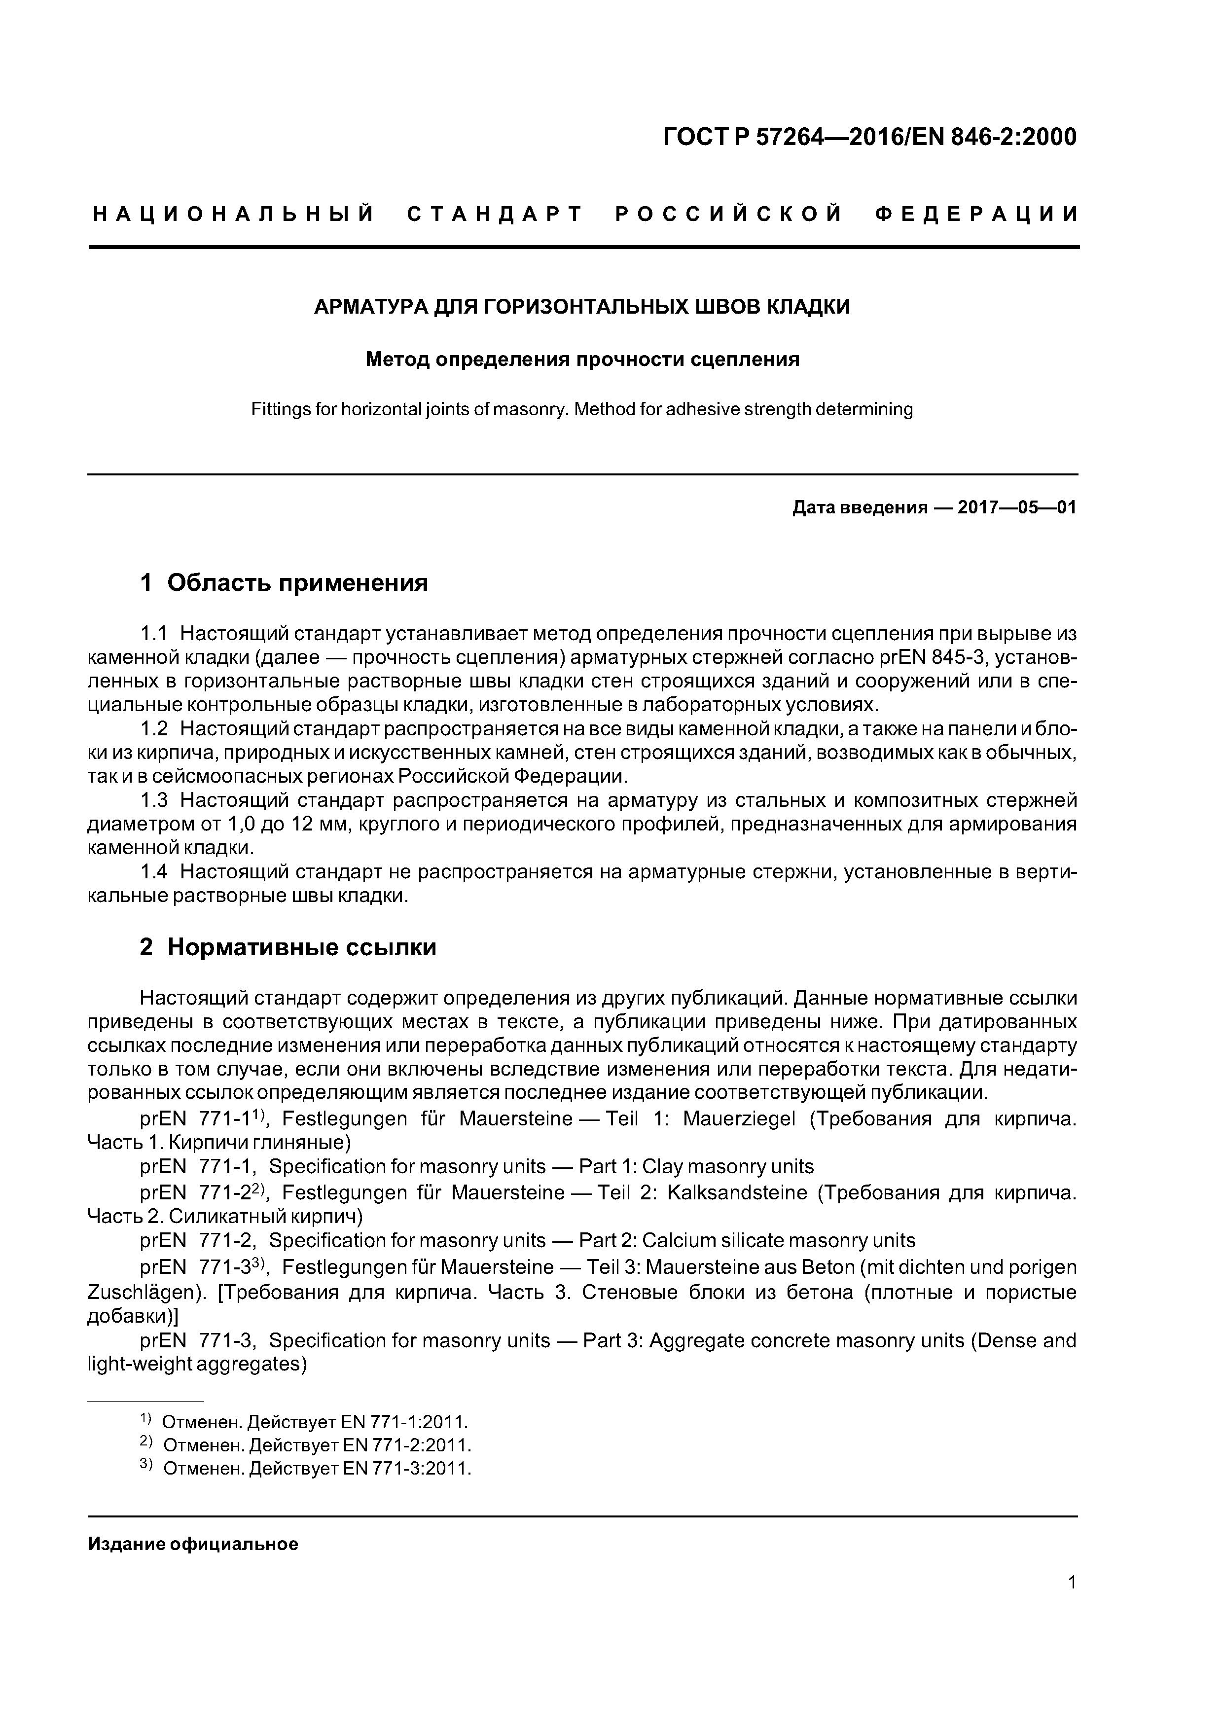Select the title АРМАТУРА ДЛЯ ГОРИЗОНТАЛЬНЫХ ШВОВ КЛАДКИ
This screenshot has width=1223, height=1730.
pyautogui.click(x=582, y=307)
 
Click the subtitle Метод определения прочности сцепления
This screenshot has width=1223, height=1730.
pyautogui.click(x=582, y=360)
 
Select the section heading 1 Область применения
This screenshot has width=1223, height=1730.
pyautogui.click(x=284, y=582)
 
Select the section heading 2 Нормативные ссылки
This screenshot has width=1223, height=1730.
pyautogui.click(x=288, y=947)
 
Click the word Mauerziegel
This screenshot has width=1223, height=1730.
pyautogui.click(x=739, y=1119)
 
